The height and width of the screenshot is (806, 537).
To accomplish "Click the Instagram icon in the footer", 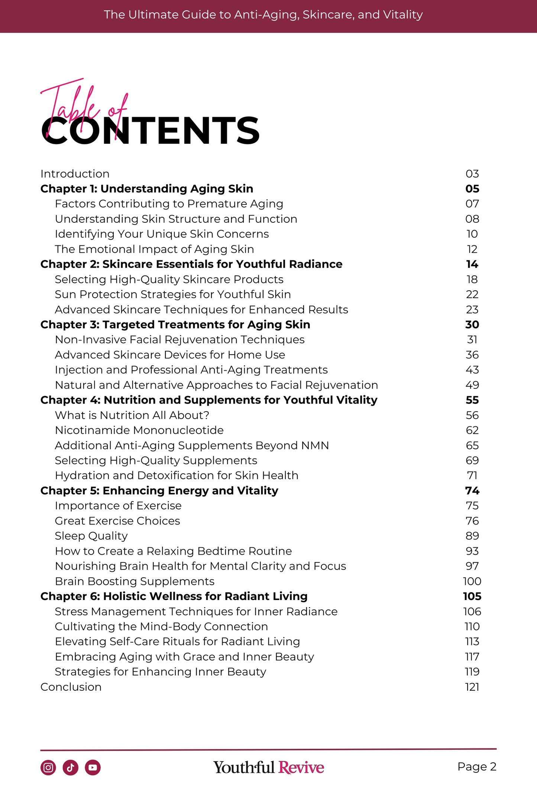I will [x=48, y=767].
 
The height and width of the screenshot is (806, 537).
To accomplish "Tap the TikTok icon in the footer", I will [x=70, y=767].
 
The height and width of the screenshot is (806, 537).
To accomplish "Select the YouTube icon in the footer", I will [x=93, y=767].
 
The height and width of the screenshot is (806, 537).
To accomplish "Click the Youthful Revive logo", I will [x=268, y=767].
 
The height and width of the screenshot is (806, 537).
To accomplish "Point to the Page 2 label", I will [x=477, y=767].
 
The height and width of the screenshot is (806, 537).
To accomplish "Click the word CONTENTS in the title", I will [x=150, y=130].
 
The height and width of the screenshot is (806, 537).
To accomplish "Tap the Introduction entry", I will [x=75, y=174].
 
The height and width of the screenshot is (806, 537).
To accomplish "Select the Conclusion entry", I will [x=71, y=687].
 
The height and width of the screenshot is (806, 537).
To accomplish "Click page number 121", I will [x=472, y=687].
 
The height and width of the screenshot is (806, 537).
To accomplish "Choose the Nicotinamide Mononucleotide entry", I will [x=139, y=430].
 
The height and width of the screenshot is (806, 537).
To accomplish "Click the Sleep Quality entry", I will [x=91, y=536].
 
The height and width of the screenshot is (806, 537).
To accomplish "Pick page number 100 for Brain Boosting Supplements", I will [x=472, y=581].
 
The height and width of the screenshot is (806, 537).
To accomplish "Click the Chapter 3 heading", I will [x=175, y=325].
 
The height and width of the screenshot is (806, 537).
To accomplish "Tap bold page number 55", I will [x=472, y=400].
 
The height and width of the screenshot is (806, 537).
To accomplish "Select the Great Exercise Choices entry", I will [x=117, y=521].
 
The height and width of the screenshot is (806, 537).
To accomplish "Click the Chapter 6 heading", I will [x=174, y=596].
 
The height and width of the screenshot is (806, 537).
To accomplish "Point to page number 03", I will [x=472, y=174].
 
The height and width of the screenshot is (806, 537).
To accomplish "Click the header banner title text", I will [x=263, y=15].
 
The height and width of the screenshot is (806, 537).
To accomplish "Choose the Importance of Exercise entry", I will [x=118, y=506].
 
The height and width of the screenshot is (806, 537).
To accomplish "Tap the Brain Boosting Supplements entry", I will [x=135, y=581].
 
